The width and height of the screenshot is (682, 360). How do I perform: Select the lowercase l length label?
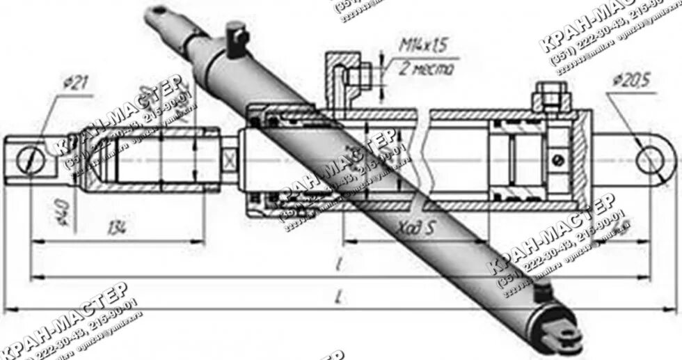click(337, 265)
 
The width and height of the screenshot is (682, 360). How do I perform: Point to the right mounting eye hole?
click(650, 161)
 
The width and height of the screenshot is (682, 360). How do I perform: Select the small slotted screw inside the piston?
click(559, 159)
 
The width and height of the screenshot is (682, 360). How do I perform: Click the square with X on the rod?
click(229, 159)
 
